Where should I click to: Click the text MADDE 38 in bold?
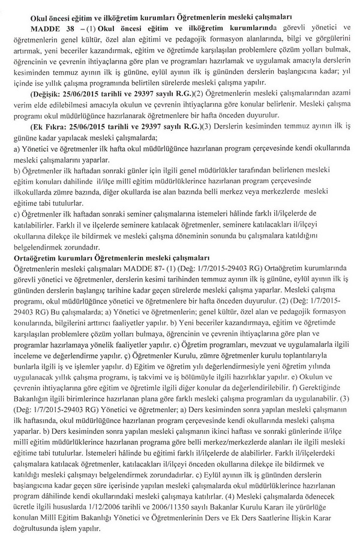pos(46,28)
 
